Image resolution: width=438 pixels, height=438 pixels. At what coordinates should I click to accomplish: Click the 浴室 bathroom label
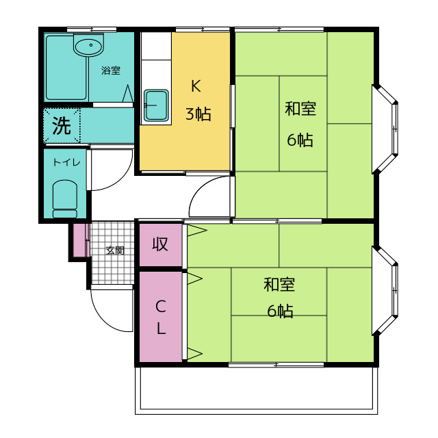point(111,70)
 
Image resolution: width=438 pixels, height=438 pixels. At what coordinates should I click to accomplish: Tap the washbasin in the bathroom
point(88,45)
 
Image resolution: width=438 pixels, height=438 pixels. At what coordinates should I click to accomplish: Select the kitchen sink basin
point(156,105)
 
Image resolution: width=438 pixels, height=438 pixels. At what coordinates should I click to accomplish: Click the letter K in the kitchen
point(196,86)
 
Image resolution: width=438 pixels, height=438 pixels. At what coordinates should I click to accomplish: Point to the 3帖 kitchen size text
point(198,114)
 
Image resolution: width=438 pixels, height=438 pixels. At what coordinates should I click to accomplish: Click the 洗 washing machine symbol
point(62,126)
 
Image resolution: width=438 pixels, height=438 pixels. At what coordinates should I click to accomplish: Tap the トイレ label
point(66,162)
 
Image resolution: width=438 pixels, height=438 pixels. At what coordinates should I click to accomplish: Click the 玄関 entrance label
point(115,250)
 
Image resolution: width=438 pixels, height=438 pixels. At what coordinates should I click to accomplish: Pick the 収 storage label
point(160,244)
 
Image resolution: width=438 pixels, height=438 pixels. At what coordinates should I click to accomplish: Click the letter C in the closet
point(161,307)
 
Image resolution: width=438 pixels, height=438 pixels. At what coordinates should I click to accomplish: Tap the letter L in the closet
point(162,328)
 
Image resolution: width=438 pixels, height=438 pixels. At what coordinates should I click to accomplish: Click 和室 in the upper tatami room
point(300,109)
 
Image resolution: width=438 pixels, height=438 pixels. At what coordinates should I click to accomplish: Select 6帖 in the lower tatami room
point(280,311)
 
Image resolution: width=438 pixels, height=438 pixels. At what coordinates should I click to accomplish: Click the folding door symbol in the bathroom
point(128,93)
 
